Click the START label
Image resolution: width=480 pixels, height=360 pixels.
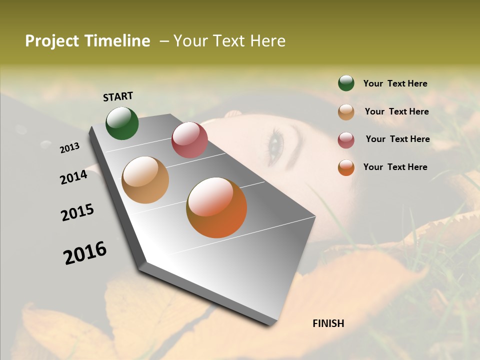click(x=118, y=96)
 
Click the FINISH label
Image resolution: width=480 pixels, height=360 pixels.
click(x=328, y=323)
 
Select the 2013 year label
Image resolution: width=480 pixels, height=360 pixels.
click(x=70, y=147)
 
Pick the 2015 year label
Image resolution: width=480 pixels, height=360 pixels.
click(x=77, y=212)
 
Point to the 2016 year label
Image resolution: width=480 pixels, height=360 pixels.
click(x=85, y=252)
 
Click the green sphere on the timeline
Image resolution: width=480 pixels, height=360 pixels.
click(x=122, y=123)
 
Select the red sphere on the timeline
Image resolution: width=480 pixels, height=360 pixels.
click(x=189, y=140)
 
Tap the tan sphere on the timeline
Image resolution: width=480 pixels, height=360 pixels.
click(x=145, y=180)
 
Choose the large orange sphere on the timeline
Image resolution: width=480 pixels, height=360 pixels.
click(x=216, y=207)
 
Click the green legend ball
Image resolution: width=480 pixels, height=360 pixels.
click(x=346, y=83)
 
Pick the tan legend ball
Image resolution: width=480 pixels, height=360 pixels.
click(x=346, y=112)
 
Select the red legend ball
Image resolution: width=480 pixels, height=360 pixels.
click(x=346, y=140)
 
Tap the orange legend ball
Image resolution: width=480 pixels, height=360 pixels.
click(x=346, y=167)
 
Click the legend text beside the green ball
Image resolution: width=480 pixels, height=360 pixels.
click(x=395, y=83)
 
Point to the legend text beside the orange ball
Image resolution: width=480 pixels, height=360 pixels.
click(x=395, y=167)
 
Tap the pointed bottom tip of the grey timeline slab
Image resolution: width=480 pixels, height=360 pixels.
click(x=270, y=325)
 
